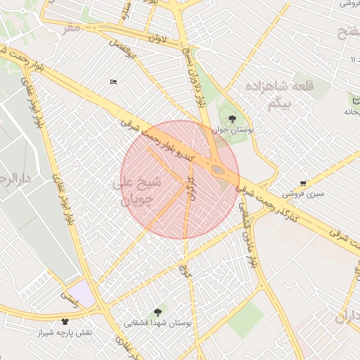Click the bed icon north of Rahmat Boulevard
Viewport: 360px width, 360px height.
coord(114,82)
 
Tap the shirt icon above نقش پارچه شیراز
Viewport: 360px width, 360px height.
coord(65,321)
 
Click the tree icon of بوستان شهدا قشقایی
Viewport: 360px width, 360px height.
coord(157,311)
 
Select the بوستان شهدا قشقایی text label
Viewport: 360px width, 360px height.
coord(158,323)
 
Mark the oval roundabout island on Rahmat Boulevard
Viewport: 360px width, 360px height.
coord(218,169)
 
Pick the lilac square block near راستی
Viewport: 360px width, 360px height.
coord(82,292)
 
